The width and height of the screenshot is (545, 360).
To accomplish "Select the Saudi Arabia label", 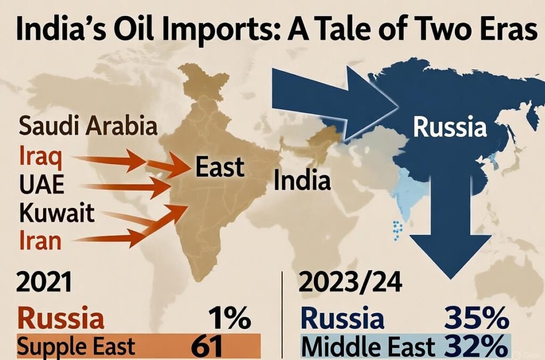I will click(88, 127).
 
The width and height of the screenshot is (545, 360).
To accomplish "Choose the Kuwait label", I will click(56, 213).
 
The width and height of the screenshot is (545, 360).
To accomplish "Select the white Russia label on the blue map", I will click(450, 128).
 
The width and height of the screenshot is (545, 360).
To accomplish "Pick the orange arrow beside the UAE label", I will click(128, 186).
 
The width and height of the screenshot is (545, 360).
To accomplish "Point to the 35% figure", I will click(475, 320).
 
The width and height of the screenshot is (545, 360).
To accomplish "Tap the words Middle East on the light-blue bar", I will click(367, 348).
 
